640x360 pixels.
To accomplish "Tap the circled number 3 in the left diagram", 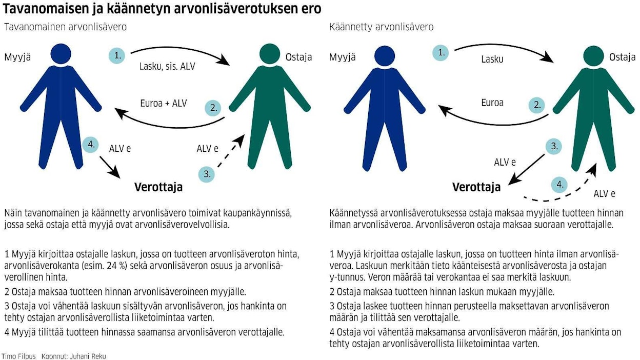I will point(207,174).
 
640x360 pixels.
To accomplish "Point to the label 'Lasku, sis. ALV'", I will point(167,66).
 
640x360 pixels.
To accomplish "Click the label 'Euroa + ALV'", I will point(164,103).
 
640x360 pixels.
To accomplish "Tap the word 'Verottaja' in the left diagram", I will point(158,187).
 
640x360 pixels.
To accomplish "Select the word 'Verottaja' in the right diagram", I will point(476,187).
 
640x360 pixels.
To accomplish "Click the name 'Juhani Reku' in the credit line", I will point(90,356).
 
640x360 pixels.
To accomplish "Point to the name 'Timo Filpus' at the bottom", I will point(18,356).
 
